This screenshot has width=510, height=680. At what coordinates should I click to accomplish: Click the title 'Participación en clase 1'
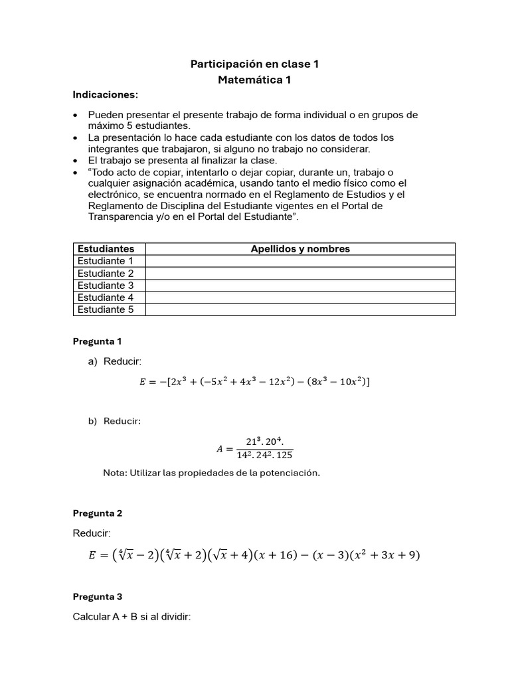(255, 64)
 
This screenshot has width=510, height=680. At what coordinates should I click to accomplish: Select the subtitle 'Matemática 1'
(255, 80)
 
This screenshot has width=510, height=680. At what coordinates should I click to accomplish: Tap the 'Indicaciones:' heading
(105, 95)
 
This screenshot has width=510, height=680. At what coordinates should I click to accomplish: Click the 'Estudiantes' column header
(106, 249)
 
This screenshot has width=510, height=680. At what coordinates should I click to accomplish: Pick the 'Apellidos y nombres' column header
(300, 249)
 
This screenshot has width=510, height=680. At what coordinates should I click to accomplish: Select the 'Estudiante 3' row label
(106, 286)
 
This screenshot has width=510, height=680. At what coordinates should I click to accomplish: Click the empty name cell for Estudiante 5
(300, 309)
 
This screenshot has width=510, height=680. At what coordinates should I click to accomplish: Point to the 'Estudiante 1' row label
(106, 261)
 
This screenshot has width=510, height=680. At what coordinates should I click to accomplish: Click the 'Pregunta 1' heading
(97, 341)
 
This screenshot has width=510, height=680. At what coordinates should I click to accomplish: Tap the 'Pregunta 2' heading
(97, 513)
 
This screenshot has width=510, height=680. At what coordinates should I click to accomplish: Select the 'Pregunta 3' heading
(97, 596)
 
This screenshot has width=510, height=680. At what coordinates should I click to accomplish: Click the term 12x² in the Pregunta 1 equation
(284, 382)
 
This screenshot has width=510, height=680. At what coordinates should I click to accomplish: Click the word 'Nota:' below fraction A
(116, 473)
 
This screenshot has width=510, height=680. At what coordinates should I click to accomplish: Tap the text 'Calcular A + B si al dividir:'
(131, 617)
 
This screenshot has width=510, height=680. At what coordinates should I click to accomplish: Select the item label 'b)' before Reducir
(92, 421)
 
